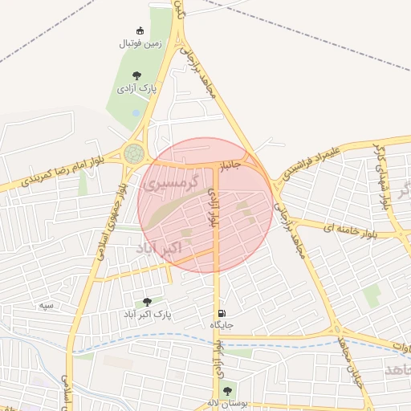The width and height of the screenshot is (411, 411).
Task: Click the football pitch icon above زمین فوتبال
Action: point(140,31)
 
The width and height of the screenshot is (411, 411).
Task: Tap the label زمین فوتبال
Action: point(140,44)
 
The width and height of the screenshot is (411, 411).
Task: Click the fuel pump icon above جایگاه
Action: point(220,313)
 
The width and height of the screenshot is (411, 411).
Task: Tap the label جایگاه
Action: point(221,325)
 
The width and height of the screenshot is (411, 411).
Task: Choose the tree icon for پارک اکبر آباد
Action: point(147,301)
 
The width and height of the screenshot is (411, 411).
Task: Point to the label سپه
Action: point(47,305)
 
